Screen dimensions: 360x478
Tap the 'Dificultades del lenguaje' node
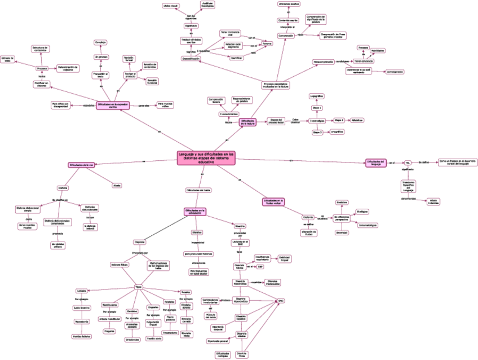click(x=375, y=163)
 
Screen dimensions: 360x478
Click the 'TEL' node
click(x=408, y=163)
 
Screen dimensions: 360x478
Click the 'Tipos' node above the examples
click(x=138, y=288)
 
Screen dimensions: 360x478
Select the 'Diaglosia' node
click(x=140, y=241)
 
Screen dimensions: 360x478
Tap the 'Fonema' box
click(x=267, y=43)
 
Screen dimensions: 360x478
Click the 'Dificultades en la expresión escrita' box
click(x=113, y=106)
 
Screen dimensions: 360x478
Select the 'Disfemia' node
click(x=307, y=217)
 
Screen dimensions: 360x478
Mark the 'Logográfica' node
click(x=317, y=96)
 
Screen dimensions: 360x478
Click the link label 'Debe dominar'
click(x=295, y=121)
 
